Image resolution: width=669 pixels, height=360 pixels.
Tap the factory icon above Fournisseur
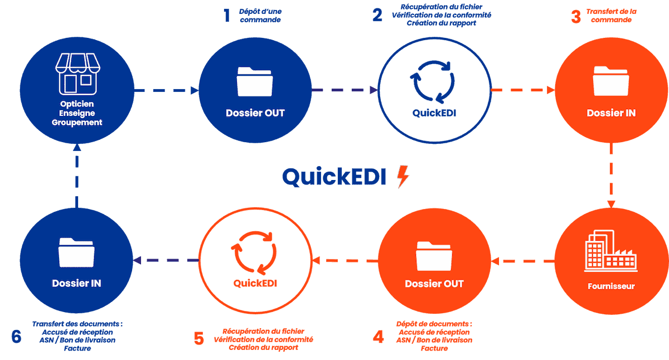click(610, 254)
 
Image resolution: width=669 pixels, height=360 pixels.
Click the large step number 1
click(226, 15)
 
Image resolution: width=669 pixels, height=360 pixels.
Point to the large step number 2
click(377, 15)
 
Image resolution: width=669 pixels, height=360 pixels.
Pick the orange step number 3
click(576, 16)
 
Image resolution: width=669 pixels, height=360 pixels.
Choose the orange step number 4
click(379, 337)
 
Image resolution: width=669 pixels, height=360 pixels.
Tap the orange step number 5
click(199, 338)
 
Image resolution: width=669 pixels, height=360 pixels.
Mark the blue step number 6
click(16, 337)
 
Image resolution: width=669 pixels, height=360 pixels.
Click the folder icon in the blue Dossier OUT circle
click(255, 82)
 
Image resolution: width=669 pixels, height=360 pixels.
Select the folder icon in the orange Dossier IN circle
click(611, 82)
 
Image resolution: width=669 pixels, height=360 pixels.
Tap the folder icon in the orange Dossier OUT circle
click(434, 256)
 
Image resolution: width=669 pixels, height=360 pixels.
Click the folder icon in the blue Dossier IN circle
click(76, 253)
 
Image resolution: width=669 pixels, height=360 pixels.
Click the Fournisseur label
click(611, 286)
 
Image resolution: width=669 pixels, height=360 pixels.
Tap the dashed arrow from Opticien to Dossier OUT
click(167, 90)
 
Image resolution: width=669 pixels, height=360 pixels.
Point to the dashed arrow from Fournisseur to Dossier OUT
click(522, 260)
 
